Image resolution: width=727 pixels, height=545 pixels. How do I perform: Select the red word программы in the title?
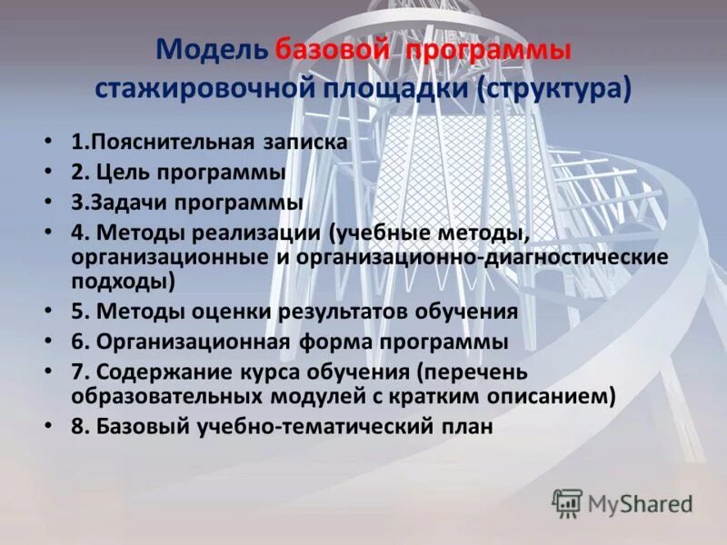click(488, 51)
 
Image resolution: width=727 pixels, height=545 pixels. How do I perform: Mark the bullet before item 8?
click(47, 426)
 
